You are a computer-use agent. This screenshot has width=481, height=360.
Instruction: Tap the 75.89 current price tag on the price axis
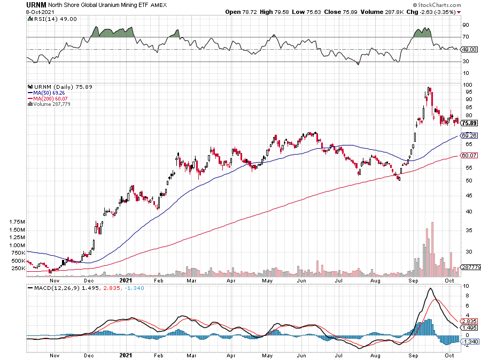[469, 122]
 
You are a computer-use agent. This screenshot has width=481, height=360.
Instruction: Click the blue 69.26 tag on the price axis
[469, 135]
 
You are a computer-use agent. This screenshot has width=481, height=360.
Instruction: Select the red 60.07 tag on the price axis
[469, 156]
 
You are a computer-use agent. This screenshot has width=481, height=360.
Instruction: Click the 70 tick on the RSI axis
[466, 37]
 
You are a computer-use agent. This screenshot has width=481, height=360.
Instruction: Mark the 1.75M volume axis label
[18, 221]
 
